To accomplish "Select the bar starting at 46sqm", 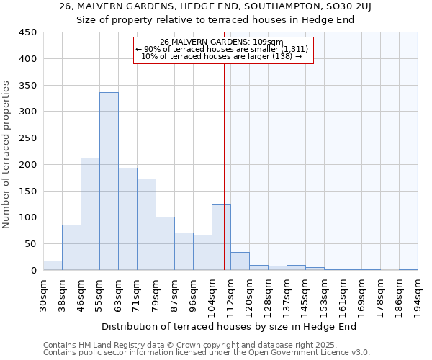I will [90, 214].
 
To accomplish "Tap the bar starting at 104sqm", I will [221, 238].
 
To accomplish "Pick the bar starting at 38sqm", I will [71, 248].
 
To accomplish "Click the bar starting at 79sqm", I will [165, 243].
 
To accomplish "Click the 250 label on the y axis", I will [28, 138].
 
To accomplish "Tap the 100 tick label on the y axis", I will [28, 217].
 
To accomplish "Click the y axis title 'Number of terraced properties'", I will [7, 155].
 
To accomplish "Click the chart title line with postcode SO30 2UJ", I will [215, 6].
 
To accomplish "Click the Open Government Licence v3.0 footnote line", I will [207, 353].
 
